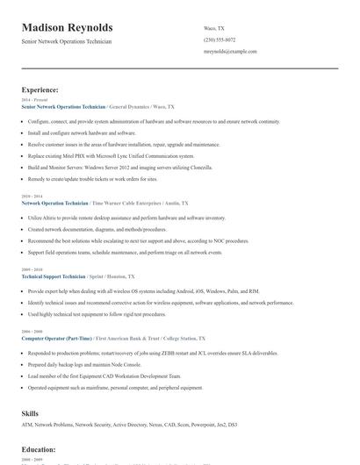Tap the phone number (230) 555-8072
coord(219,39)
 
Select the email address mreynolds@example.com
coord(230,52)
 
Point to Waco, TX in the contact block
coord(213,27)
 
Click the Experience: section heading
coord(40,89)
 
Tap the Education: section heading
coord(39,447)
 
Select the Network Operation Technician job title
coord(54,203)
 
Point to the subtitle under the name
coord(67,41)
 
